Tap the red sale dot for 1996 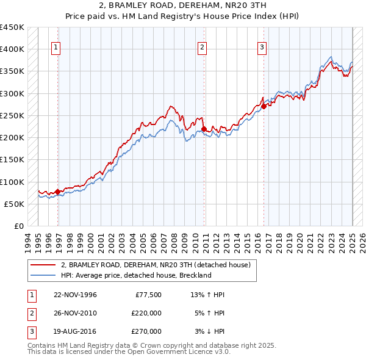click(58, 192)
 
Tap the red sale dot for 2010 click(204, 129)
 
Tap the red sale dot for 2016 click(264, 107)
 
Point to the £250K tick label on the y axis click(12, 115)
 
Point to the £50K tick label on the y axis click(14, 204)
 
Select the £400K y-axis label click(12, 49)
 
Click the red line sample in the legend click(43, 265)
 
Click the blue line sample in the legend click(43, 275)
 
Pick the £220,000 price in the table click(146, 314)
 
